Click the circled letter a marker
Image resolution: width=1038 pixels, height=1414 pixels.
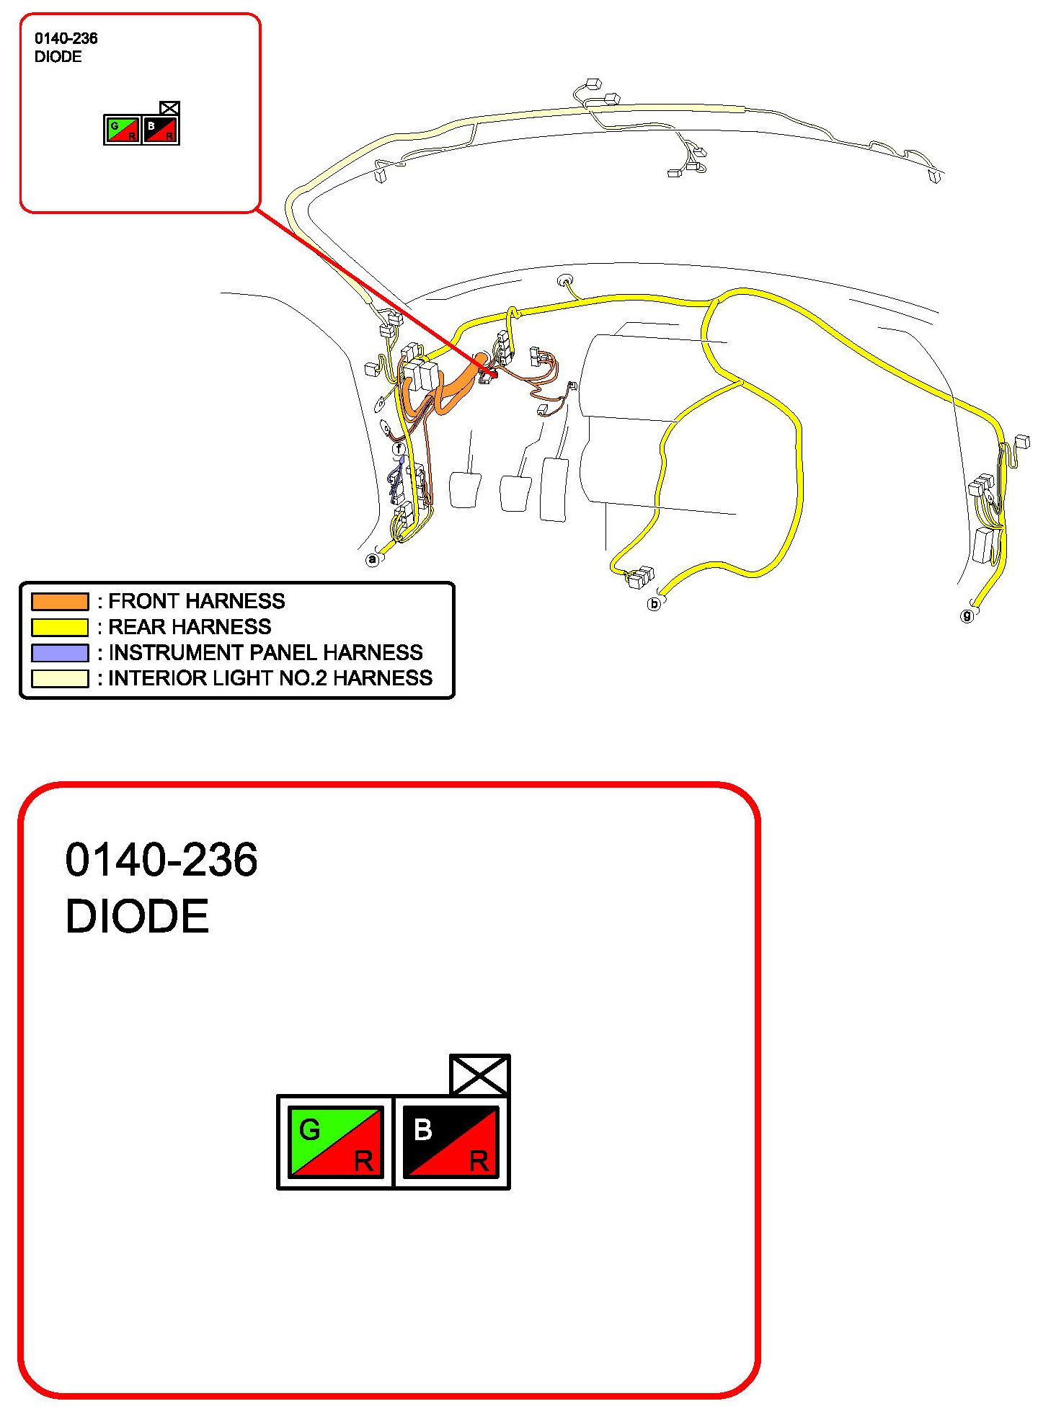pyautogui.click(x=372, y=559)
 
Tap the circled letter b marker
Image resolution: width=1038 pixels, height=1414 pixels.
pyautogui.click(x=654, y=603)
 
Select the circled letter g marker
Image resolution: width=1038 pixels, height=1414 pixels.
pyautogui.click(x=967, y=615)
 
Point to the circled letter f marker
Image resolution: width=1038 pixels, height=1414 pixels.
pyautogui.click(x=399, y=449)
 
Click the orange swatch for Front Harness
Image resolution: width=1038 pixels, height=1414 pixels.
pyautogui.click(x=60, y=601)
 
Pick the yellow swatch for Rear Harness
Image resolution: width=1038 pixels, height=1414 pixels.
pyautogui.click(x=60, y=627)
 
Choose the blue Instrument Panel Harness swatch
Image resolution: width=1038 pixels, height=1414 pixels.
pyautogui.click(x=60, y=653)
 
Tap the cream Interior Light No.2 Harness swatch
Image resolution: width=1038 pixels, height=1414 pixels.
pyautogui.click(x=60, y=679)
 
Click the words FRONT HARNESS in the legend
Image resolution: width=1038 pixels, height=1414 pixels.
pyautogui.click(x=197, y=601)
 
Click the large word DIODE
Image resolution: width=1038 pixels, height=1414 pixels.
pyautogui.click(x=137, y=916)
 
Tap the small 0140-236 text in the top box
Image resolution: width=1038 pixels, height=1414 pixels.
pyautogui.click(x=66, y=38)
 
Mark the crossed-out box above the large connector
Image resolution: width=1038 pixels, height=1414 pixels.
pyautogui.click(x=479, y=1075)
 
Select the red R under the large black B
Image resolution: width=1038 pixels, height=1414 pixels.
pyautogui.click(x=479, y=1161)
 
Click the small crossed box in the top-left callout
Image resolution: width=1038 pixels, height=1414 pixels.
pyautogui.click(x=169, y=108)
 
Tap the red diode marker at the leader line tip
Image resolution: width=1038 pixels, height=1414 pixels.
pyautogui.click(x=493, y=373)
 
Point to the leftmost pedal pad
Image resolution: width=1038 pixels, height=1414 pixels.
pyautogui.click(x=464, y=490)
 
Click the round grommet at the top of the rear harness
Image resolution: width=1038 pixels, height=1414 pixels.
pyautogui.click(x=565, y=280)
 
